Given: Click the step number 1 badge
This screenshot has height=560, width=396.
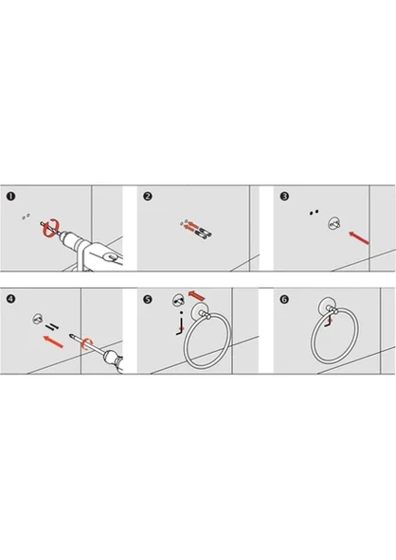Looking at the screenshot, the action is tap(10, 196).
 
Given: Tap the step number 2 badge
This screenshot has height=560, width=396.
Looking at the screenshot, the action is tap(148, 196).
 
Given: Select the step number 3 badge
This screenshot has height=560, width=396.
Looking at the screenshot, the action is tap(284, 196).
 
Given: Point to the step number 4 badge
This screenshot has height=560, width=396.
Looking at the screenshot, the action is tap(10, 299).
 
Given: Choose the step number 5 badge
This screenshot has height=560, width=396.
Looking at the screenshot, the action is tap(148, 299).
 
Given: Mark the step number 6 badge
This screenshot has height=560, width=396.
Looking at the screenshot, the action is tap(284, 299).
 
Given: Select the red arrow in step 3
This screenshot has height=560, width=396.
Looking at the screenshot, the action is tap(359, 237).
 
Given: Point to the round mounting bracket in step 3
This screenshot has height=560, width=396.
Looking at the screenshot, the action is tap(334, 224).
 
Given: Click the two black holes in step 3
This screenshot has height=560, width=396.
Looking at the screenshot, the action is tap(314, 212).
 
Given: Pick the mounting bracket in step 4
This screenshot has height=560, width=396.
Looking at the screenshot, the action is tap(38, 319).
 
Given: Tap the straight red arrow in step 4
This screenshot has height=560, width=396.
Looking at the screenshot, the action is tap(53, 341).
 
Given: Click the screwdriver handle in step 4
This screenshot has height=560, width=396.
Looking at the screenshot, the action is tap(114, 360).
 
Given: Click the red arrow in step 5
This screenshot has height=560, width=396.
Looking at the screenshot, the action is tap(196, 295).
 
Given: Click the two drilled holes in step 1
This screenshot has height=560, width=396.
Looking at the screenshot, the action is tap(26, 217).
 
